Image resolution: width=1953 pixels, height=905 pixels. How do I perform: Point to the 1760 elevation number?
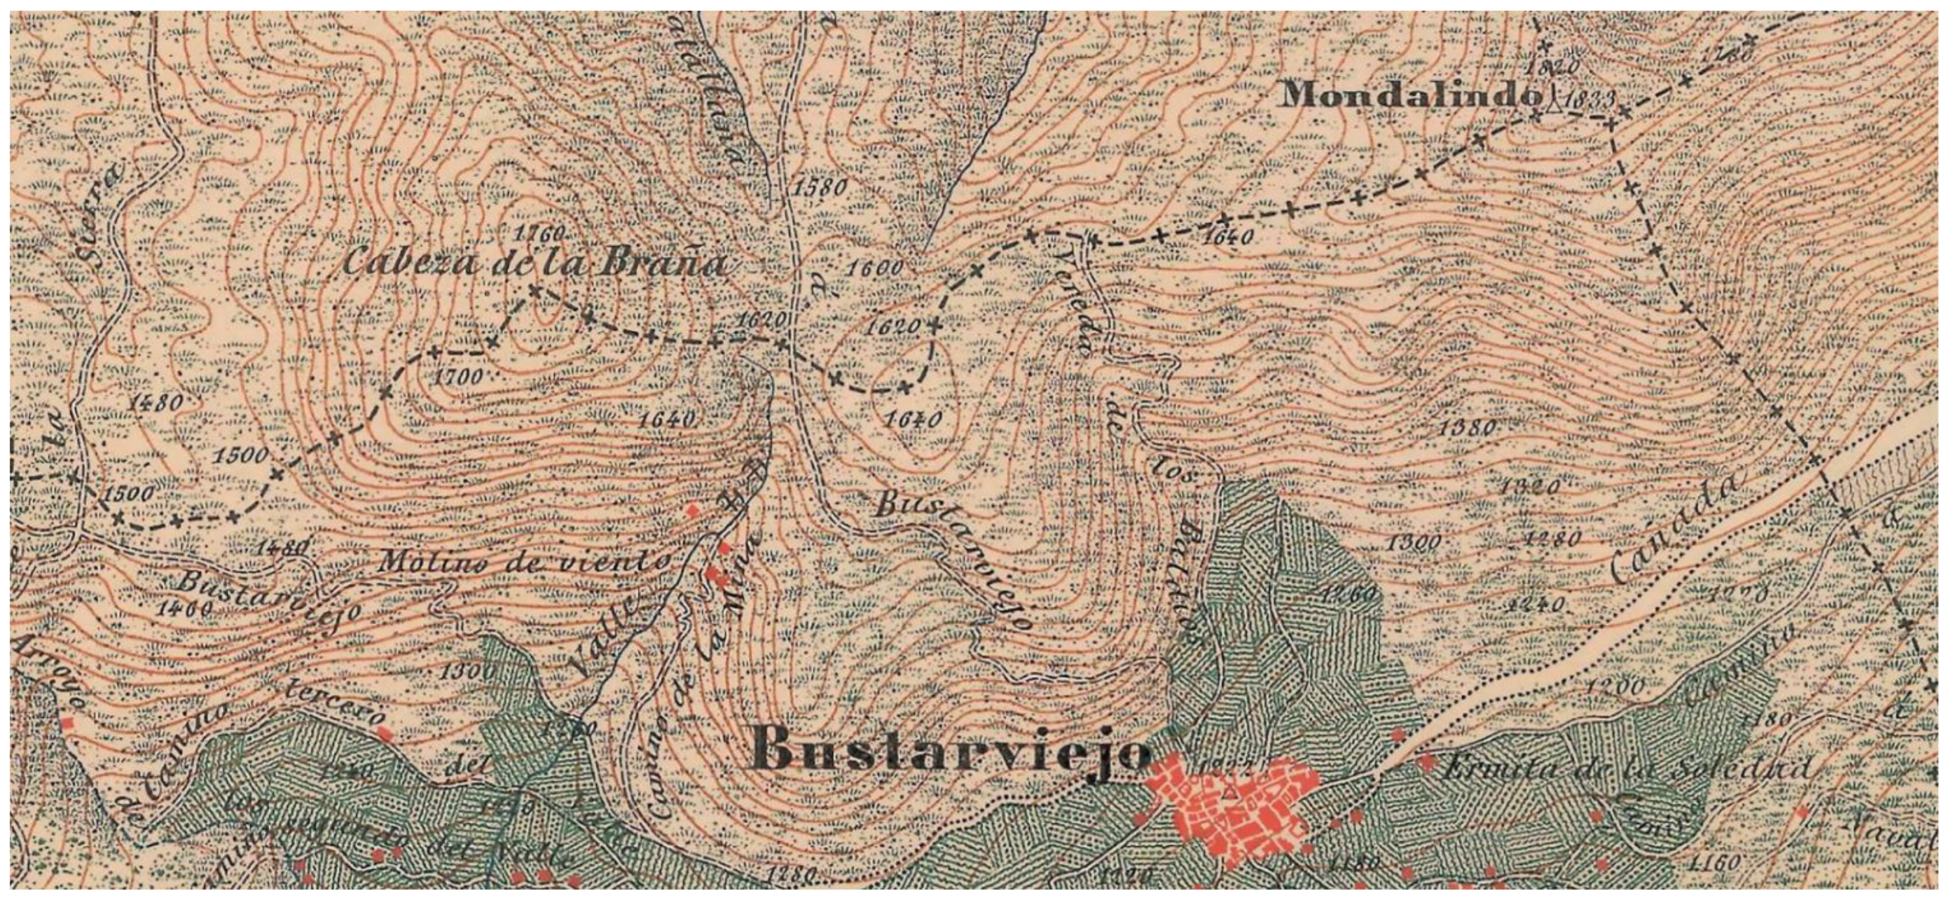(x=539, y=233)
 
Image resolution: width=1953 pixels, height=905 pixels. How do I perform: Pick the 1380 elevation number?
(x=1467, y=428)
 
